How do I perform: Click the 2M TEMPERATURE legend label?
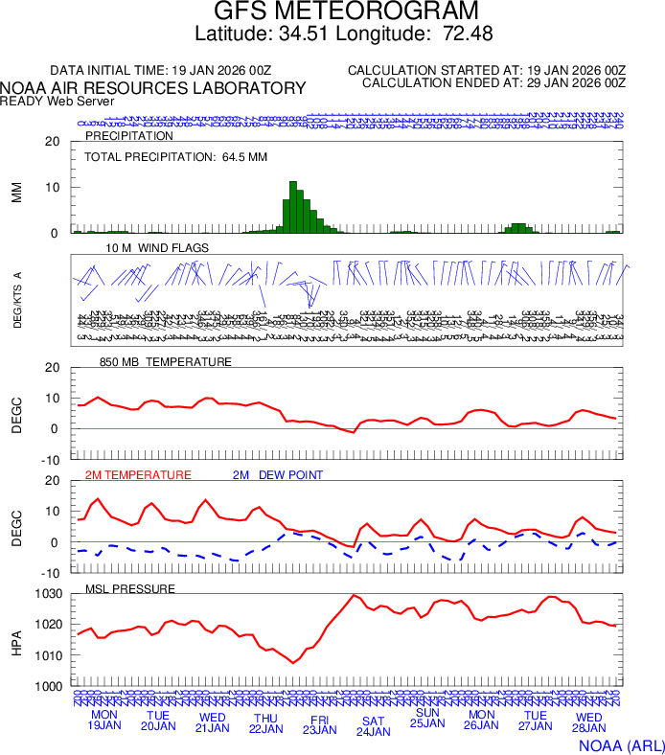[x=138, y=474]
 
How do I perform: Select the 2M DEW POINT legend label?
[x=278, y=474]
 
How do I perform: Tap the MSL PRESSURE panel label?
[x=130, y=588]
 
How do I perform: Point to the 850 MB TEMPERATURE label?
[x=166, y=362]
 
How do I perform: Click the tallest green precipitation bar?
[x=293, y=207]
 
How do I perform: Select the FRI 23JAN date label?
[x=320, y=723]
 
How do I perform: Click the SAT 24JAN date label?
[x=374, y=725]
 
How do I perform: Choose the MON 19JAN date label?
[x=104, y=721]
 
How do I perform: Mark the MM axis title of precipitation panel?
[x=16, y=192]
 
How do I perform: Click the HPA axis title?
[x=16, y=640]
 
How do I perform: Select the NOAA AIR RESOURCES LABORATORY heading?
[x=153, y=88]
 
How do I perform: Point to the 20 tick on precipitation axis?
[x=54, y=142]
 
